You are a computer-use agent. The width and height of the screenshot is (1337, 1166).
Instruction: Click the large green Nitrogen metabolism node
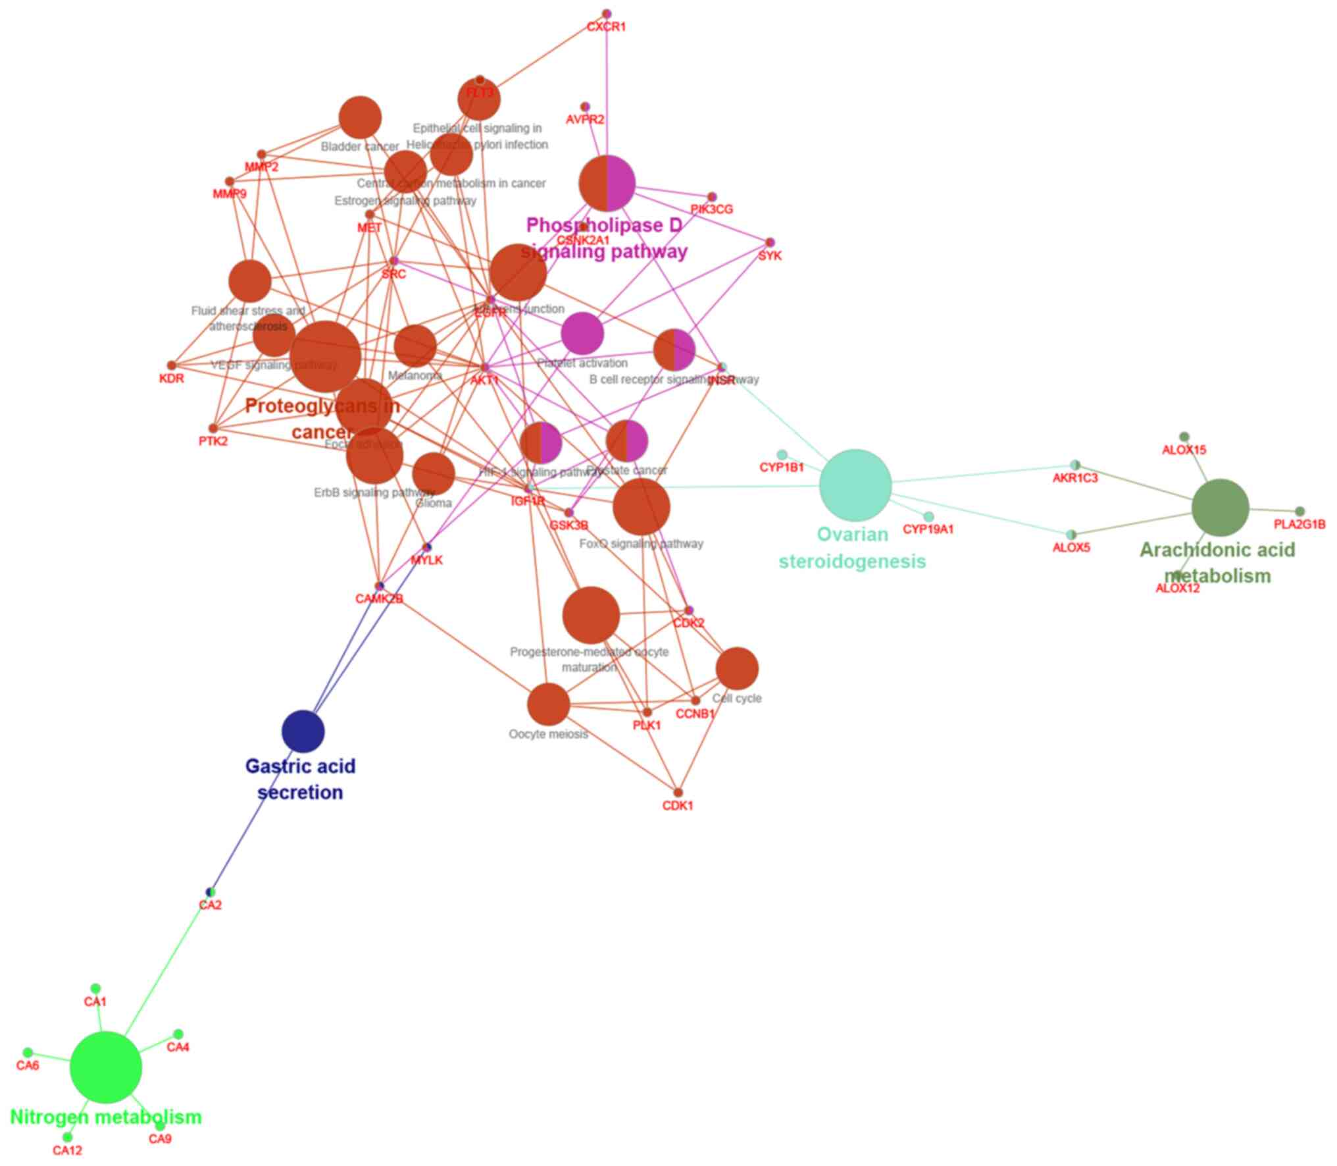(105, 1067)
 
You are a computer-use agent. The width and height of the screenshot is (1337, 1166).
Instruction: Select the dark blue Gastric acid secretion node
(303, 731)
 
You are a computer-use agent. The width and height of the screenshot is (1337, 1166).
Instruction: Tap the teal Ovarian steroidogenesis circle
(855, 485)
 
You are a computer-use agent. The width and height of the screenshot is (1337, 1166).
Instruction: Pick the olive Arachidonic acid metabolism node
(1220, 508)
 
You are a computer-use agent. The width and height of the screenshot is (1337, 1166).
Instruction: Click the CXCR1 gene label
(606, 28)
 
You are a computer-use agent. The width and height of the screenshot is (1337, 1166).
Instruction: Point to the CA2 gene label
(211, 905)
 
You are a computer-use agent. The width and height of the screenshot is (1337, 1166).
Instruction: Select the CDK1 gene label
(678, 806)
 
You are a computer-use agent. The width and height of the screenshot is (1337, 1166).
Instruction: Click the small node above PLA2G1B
(1299, 512)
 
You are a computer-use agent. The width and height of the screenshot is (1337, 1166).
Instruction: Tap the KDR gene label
(172, 379)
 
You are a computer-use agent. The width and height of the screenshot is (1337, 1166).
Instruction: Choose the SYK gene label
(769, 256)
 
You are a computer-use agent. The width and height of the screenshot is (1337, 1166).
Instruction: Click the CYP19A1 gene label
(928, 529)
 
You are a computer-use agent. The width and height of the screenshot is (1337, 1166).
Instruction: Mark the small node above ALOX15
(1184, 437)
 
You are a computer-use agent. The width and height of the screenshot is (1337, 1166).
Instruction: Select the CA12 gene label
(68, 1151)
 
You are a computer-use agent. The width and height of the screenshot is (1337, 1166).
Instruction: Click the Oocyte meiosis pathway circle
(548, 704)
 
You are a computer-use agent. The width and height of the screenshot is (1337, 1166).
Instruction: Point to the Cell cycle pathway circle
(737, 668)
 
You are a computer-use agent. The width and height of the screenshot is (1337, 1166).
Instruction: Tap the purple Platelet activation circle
(582, 334)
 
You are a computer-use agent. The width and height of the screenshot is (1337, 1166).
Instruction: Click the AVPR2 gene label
(585, 120)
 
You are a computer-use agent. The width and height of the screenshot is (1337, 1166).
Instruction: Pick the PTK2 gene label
(213, 442)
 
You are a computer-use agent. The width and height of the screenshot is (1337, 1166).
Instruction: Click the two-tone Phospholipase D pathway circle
(607, 184)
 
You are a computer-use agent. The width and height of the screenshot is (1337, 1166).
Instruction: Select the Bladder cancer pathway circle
(360, 118)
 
